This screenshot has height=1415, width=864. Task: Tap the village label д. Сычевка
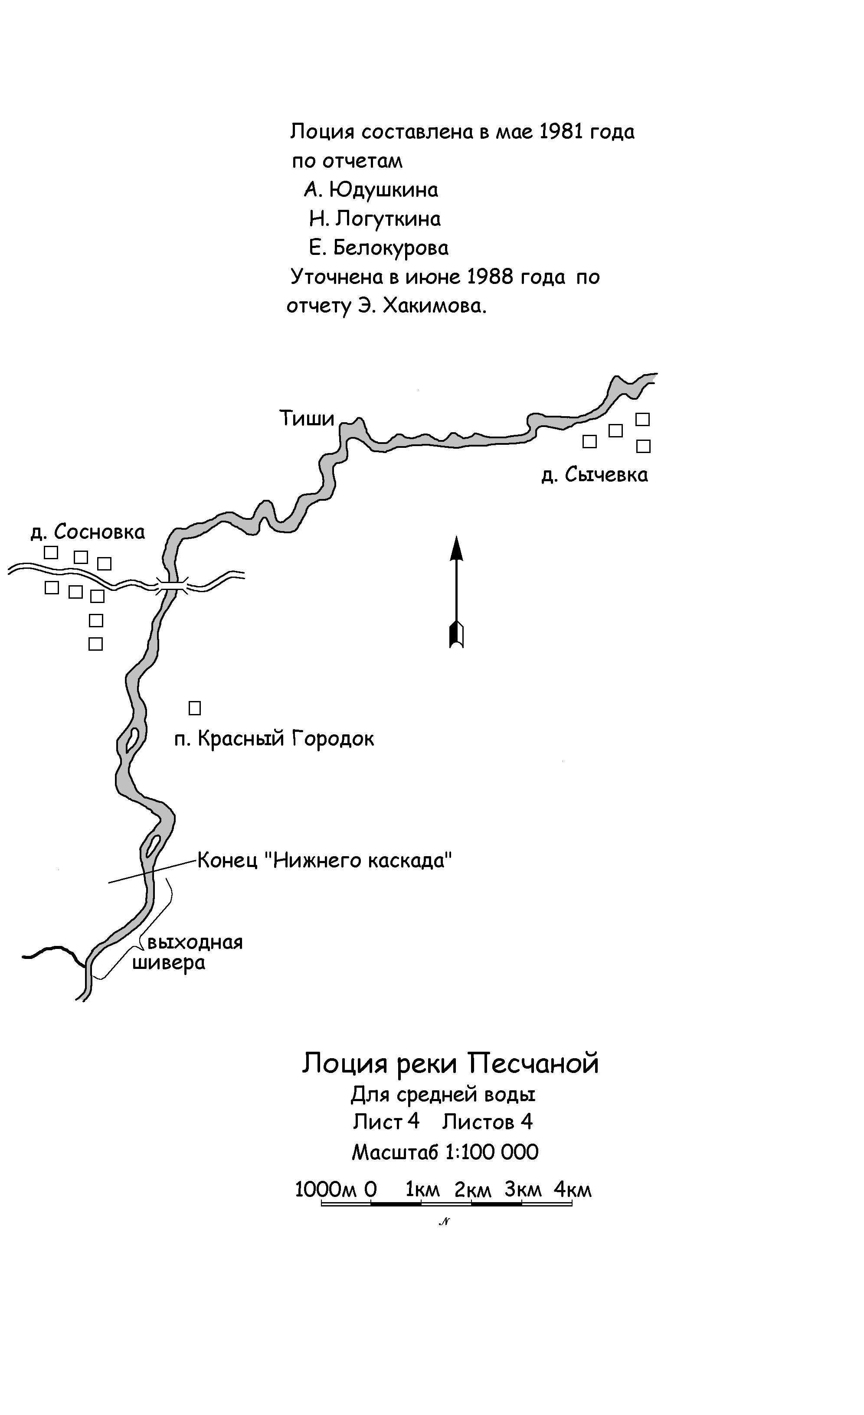point(595,475)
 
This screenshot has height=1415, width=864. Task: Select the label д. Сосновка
point(87,532)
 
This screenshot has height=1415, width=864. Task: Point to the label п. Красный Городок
point(274,739)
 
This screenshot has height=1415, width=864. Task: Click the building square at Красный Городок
point(195,708)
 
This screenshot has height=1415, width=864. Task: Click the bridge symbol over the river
point(172,587)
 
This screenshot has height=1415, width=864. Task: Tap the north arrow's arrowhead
point(456,548)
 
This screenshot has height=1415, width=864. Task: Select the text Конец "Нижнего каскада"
point(324,860)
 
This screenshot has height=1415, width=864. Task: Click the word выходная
point(195,942)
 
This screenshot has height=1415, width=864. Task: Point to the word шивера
point(169,962)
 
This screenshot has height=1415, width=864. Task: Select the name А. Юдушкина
point(371,190)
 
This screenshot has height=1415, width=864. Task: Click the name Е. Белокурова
point(379,248)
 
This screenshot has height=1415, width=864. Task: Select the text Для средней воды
point(443,1095)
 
